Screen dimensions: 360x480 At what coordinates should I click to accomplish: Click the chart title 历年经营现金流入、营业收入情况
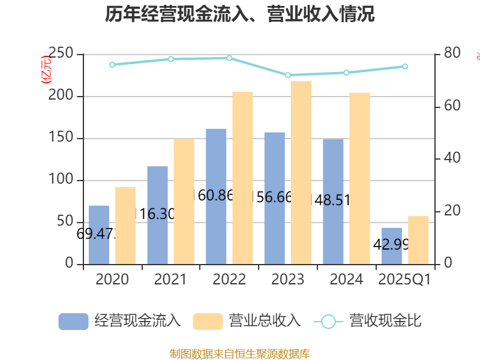click(240, 14)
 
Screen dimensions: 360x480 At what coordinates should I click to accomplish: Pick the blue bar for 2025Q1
click(392, 246)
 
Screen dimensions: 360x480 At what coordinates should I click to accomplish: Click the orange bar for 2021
click(184, 202)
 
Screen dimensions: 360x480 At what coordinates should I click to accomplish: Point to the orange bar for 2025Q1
click(419, 240)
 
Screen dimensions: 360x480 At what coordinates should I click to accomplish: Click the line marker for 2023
click(288, 75)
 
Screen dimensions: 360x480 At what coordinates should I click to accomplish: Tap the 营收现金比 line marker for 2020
click(112, 64)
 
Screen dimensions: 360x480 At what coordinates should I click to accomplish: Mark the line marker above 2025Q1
click(405, 66)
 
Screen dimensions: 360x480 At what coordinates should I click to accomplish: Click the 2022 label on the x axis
click(229, 280)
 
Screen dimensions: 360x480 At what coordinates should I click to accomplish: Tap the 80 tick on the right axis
click(453, 54)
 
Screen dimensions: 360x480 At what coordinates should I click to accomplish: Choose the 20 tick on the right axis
click(453, 211)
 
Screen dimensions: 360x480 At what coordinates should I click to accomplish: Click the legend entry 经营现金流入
click(120, 321)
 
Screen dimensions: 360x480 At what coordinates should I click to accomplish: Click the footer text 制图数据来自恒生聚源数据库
click(240, 353)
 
